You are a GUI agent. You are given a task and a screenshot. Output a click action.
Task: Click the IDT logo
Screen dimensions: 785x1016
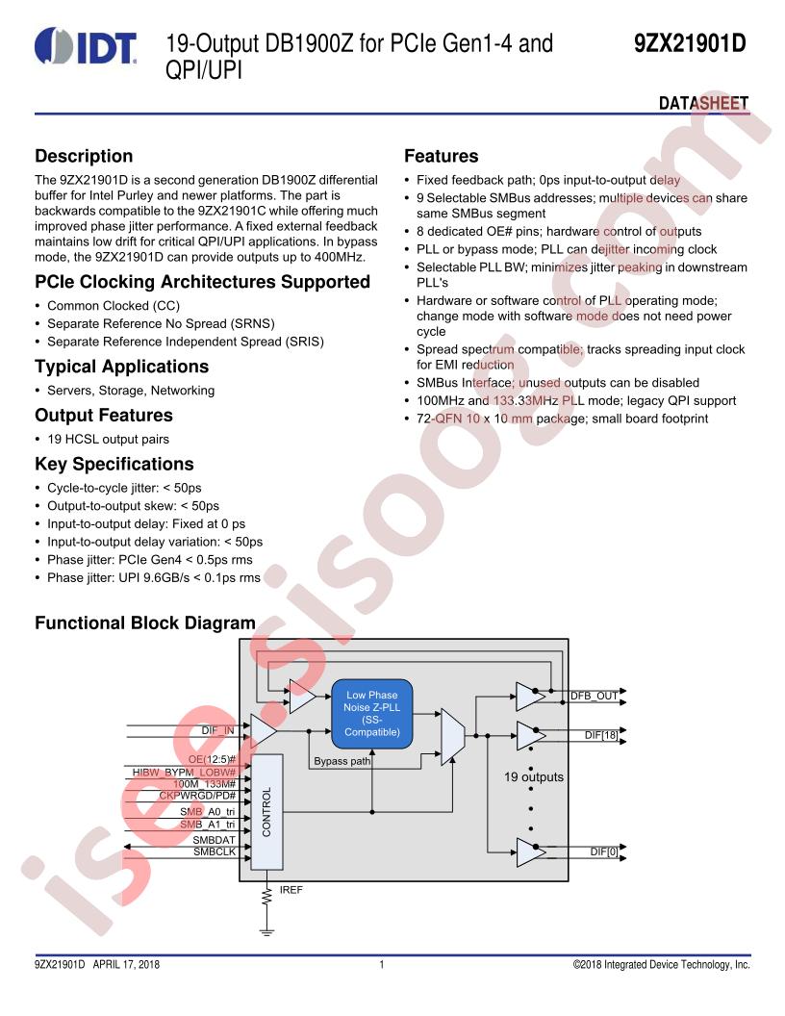coord(86,46)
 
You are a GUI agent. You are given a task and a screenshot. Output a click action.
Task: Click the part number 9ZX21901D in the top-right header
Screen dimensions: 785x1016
coord(690,44)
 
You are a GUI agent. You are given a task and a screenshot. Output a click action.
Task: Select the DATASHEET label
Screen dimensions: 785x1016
coord(703,103)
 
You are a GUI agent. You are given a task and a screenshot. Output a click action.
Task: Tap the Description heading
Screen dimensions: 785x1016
coord(84,156)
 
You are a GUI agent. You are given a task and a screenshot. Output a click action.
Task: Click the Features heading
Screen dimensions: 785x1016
coord(441,156)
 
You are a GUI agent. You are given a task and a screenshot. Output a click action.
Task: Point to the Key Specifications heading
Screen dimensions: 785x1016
coord(114,464)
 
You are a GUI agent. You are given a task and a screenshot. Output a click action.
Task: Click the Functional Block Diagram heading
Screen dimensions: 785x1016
coord(145,622)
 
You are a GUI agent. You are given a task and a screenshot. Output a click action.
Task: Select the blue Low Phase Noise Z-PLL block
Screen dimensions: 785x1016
coord(372,713)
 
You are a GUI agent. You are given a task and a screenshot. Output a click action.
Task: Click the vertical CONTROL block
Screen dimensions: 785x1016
coord(266,812)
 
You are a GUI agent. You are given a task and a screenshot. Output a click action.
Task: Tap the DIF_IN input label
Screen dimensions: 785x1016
coord(217,730)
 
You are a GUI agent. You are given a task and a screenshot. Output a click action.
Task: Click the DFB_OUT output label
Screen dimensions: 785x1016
coord(594,696)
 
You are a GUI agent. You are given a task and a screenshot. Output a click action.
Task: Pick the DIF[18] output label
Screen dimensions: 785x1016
coord(601,735)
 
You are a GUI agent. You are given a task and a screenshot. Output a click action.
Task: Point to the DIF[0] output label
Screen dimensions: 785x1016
coord(603,852)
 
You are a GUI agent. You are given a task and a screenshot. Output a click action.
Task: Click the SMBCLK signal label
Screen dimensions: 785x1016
coord(215,852)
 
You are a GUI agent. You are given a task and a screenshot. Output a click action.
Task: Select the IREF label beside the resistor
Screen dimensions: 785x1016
coord(291,890)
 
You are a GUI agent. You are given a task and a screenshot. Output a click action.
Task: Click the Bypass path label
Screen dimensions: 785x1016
coord(342,761)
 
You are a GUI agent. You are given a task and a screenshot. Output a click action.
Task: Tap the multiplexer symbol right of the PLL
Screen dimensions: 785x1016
coord(452,737)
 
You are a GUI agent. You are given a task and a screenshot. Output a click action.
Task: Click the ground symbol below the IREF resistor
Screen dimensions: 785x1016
coord(266,932)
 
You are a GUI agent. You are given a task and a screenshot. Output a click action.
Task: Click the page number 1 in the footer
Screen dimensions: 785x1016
coord(382,965)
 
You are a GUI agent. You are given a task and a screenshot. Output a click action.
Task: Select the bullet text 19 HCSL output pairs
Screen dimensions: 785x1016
coord(108,440)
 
